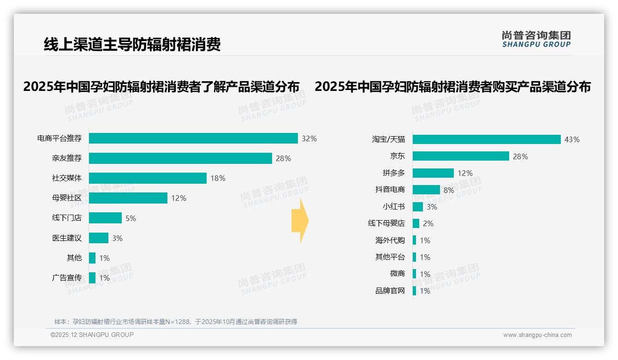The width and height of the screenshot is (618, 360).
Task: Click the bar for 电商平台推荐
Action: click(x=193, y=138)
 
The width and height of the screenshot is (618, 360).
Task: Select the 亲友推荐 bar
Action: click(x=180, y=158)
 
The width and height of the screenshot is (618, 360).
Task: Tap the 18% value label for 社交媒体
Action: click(x=218, y=178)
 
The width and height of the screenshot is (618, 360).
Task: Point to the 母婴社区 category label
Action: click(x=67, y=198)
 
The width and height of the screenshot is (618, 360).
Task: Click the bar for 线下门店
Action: click(x=105, y=218)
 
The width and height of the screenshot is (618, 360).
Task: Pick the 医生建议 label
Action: click(x=67, y=238)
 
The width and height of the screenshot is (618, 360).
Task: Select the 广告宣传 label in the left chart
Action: click(x=67, y=278)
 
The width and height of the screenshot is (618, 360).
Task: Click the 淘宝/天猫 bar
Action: click(x=487, y=139)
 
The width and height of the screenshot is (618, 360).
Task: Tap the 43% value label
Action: click(x=572, y=139)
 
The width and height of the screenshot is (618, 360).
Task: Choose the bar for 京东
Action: click(x=461, y=156)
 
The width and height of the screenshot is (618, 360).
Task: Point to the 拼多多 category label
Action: click(x=394, y=173)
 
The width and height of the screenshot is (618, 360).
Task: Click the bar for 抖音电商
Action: click(x=426, y=190)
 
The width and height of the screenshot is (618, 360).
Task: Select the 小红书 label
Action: click(x=394, y=207)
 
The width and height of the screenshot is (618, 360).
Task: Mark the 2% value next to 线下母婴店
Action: click(x=428, y=223)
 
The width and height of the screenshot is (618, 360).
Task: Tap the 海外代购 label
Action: click(x=390, y=240)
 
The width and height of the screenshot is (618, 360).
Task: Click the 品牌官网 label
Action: click(x=390, y=291)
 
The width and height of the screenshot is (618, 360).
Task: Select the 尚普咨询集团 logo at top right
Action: click(x=536, y=39)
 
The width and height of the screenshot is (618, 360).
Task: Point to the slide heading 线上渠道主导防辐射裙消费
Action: click(x=132, y=44)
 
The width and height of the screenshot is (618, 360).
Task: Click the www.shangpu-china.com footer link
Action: click(x=537, y=335)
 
